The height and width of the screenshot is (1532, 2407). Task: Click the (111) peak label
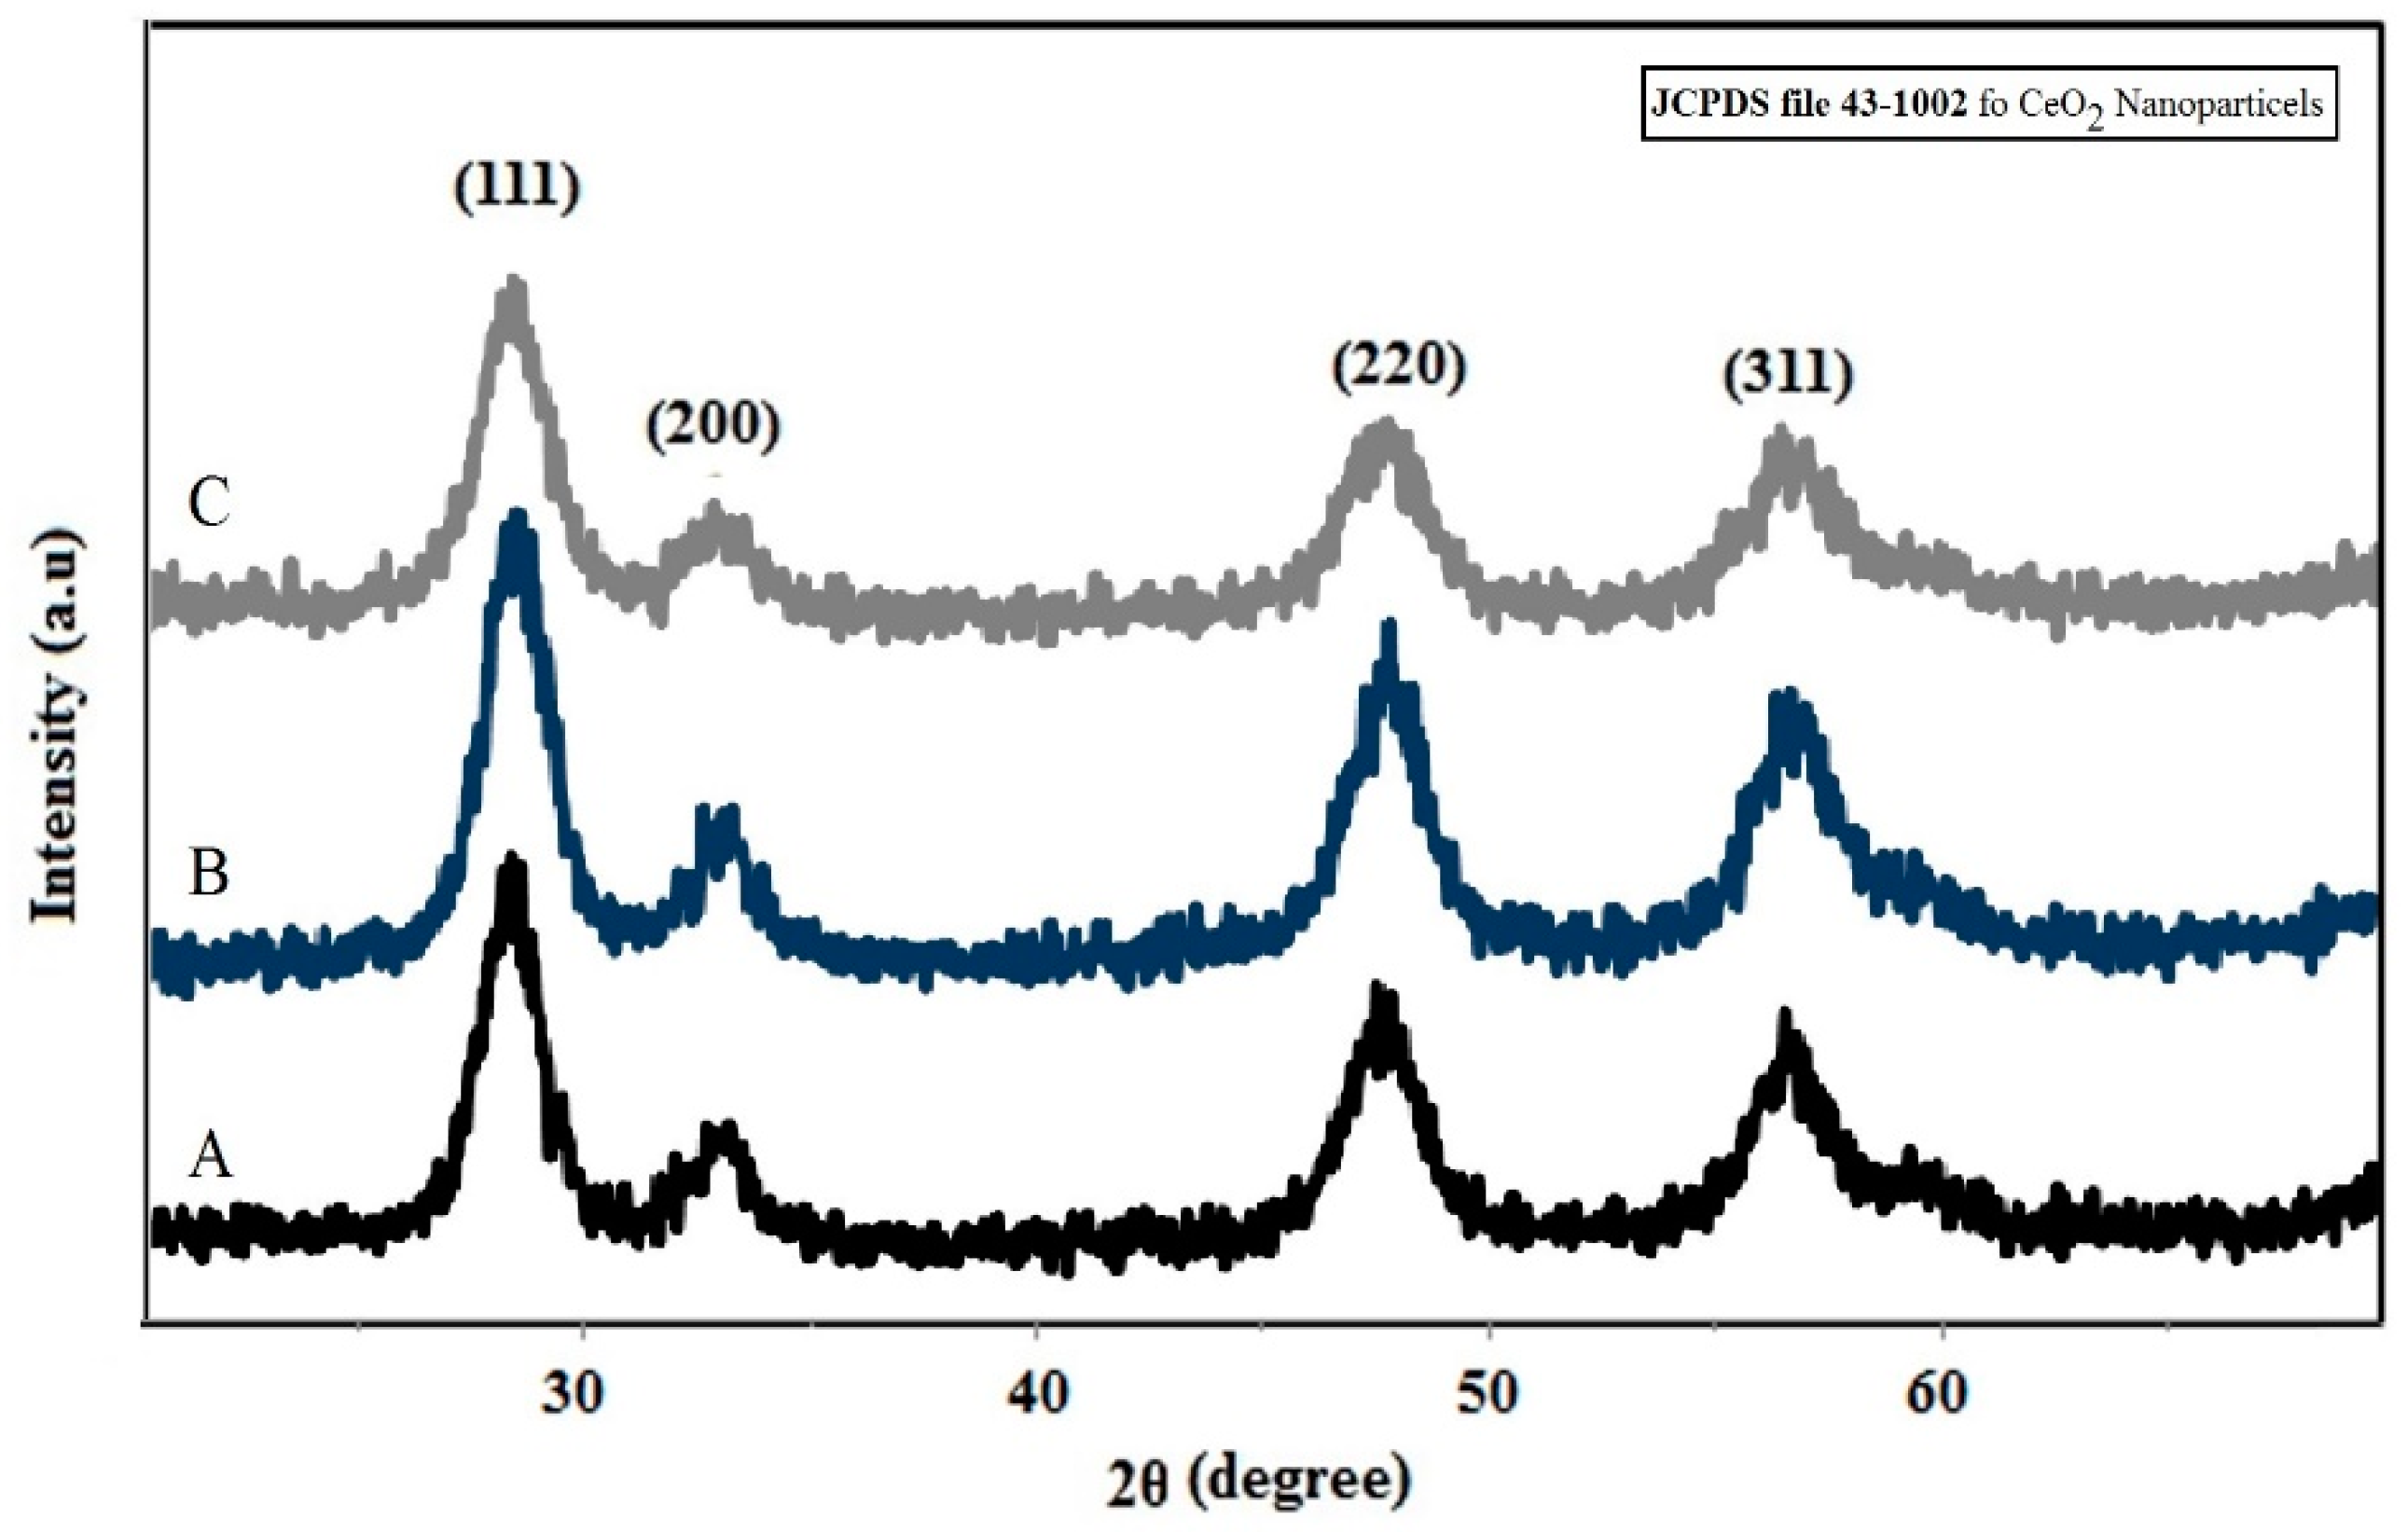click(x=517, y=186)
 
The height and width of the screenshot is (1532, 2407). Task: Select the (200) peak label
click(x=712, y=428)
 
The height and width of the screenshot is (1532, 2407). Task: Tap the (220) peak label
click(x=1399, y=367)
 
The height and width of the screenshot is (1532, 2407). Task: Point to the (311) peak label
click(x=1787, y=376)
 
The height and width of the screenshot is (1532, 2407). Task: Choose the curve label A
click(x=211, y=1159)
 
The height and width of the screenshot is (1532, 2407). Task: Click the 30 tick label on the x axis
click(x=574, y=1393)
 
